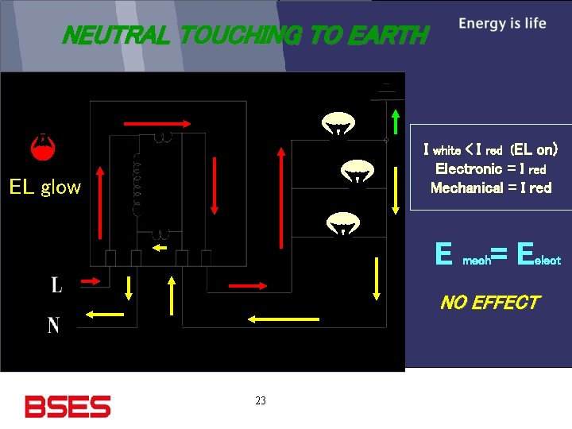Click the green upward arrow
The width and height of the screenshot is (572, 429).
pyautogui.click(x=396, y=122)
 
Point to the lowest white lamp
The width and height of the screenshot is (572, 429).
pyautogui.click(x=342, y=224)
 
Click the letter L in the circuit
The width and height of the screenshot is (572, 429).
pyautogui.click(x=56, y=284)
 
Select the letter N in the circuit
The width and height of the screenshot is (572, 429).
pyautogui.click(x=53, y=325)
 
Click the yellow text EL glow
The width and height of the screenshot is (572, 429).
pyautogui.click(x=45, y=187)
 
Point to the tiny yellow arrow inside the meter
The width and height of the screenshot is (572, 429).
pyautogui.click(x=160, y=247)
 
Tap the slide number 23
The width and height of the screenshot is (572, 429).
pyautogui.click(x=261, y=401)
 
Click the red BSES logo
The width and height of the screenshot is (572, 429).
pyautogui.click(x=68, y=406)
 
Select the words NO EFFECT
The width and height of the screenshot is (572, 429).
pyautogui.click(x=489, y=303)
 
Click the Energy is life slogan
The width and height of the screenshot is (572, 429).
pyautogui.click(x=502, y=23)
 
